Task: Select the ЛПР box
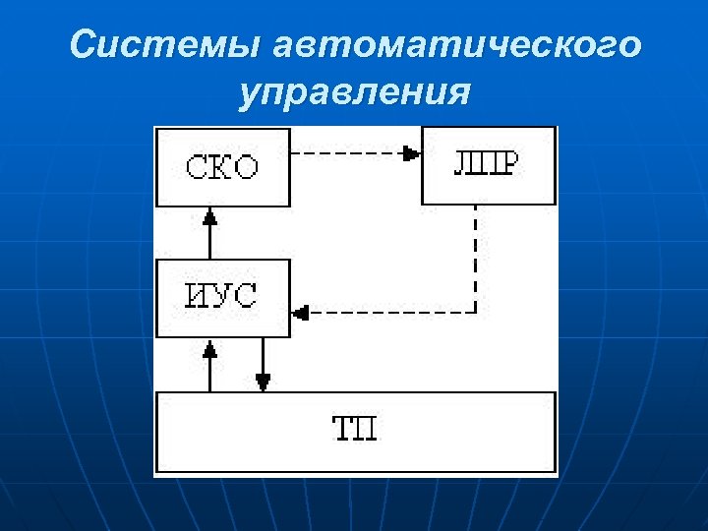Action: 488,163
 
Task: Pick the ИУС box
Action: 223,297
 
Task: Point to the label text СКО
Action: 223,166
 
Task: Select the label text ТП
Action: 354,430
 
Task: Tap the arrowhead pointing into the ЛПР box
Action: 411,153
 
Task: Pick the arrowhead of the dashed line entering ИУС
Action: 301,313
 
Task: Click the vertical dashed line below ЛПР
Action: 476,256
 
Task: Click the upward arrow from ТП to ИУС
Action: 208,365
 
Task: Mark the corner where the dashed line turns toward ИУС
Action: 476,313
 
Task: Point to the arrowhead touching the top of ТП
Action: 263,382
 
